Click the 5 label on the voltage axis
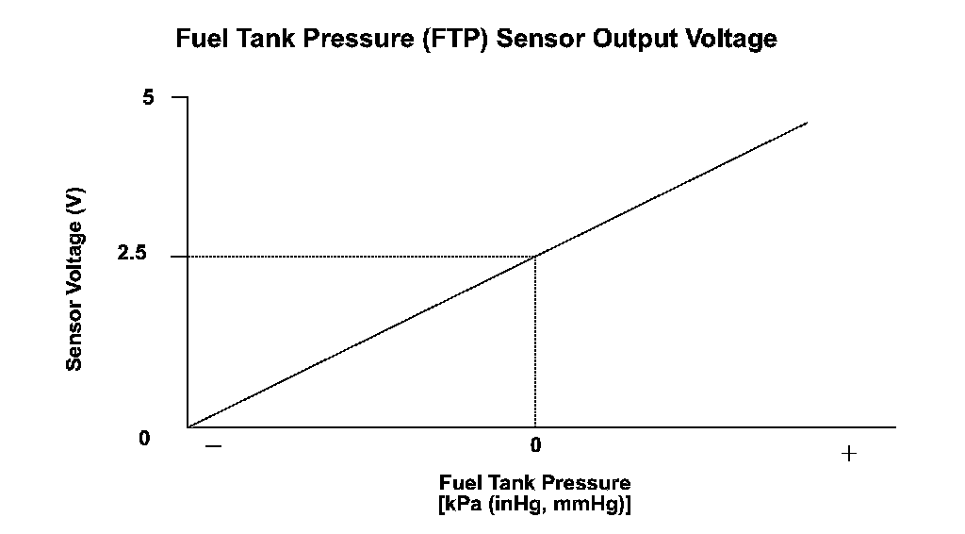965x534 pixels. click(148, 97)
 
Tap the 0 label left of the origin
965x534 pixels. click(144, 439)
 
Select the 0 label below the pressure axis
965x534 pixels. click(534, 443)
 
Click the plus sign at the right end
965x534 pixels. click(848, 454)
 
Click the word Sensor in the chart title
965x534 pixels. click(548, 40)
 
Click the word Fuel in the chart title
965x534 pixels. click(199, 40)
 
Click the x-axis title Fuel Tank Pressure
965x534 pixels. click(534, 484)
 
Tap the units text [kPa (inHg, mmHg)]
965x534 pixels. click(534, 504)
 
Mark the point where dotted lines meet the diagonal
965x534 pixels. click(535, 256)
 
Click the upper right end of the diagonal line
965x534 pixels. click(807, 123)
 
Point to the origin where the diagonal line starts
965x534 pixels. click(188, 427)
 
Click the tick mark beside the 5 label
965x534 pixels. click(179, 97)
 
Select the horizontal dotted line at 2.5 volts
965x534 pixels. click(358, 256)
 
